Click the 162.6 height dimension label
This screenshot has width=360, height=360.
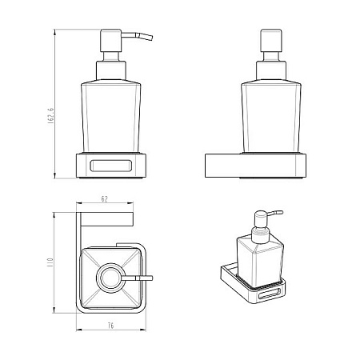click(x=50, y=116)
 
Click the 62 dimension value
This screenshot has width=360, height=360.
click(x=105, y=199)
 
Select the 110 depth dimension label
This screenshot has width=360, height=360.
click(x=50, y=262)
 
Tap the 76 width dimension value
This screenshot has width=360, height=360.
click(x=111, y=326)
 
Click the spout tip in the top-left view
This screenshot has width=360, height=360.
click(x=151, y=38)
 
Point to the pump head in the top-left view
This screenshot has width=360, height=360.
click(x=110, y=41)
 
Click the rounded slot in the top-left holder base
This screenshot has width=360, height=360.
click(x=110, y=166)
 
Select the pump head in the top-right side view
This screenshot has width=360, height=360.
click(x=271, y=40)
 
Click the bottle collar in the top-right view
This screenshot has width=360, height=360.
click(x=271, y=70)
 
